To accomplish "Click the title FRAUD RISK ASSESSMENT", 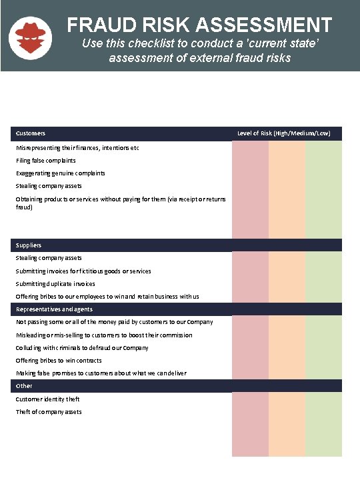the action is [199, 25].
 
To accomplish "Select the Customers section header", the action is [31, 133].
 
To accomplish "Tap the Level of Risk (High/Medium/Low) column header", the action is [284, 133].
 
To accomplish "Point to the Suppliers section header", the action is [29, 245].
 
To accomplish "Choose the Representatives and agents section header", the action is [54, 309].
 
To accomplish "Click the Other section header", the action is [24, 386].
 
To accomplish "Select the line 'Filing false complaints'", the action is [46, 161].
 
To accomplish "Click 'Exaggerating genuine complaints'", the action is [60, 173].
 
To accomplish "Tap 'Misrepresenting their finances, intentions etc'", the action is [77, 148].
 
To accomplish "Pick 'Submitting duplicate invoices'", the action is [55, 284].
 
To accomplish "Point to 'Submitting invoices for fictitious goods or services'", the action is [83, 271].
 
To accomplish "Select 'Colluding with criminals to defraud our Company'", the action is [82, 348].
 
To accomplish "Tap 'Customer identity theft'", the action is [48, 399].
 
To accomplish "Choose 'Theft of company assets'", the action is [49, 412].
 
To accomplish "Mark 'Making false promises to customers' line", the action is [101, 373].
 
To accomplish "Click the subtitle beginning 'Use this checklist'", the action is [199, 51].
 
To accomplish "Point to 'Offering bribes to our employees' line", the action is [107, 297].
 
